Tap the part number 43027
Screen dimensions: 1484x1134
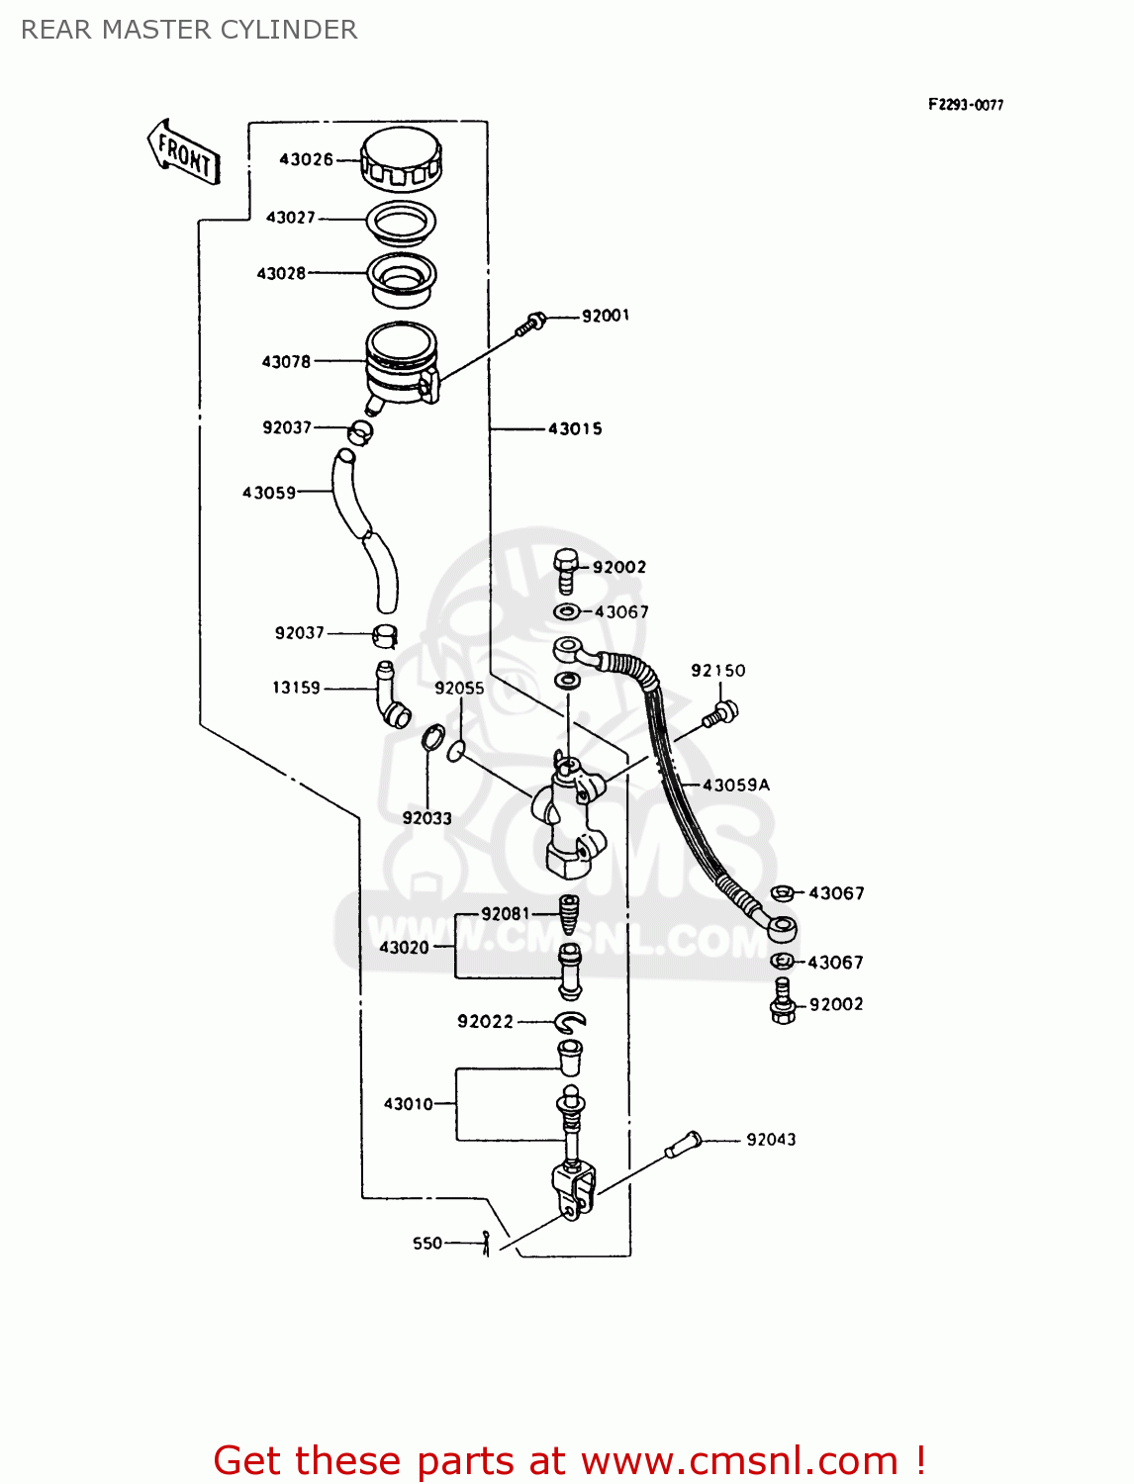click(290, 218)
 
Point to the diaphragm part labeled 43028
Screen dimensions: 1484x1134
click(402, 277)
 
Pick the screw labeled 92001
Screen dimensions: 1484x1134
click(530, 324)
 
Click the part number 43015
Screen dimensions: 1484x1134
click(575, 428)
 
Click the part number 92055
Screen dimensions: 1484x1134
click(459, 689)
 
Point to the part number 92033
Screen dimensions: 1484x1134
click(426, 818)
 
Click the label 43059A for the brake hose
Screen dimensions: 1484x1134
click(735, 785)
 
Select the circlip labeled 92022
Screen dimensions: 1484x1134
click(571, 1021)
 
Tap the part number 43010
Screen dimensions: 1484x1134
click(408, 1104)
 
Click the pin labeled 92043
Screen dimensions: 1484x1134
click(683, 1145)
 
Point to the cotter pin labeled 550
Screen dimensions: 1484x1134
click(486, 1243)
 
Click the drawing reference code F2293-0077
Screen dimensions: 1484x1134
click(965, 105)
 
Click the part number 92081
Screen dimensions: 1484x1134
click(506, 913)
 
